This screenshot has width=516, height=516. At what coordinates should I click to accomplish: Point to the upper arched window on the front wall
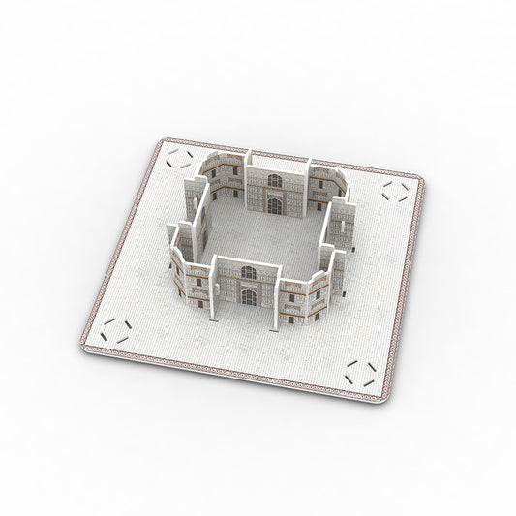pyautogui.click(x=248, y=272)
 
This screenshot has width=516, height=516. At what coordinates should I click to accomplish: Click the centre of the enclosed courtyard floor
pyautogui.click(x=261, y=232)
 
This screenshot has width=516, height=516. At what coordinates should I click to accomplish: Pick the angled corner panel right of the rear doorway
pyautogui.click(x=321, y=183)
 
